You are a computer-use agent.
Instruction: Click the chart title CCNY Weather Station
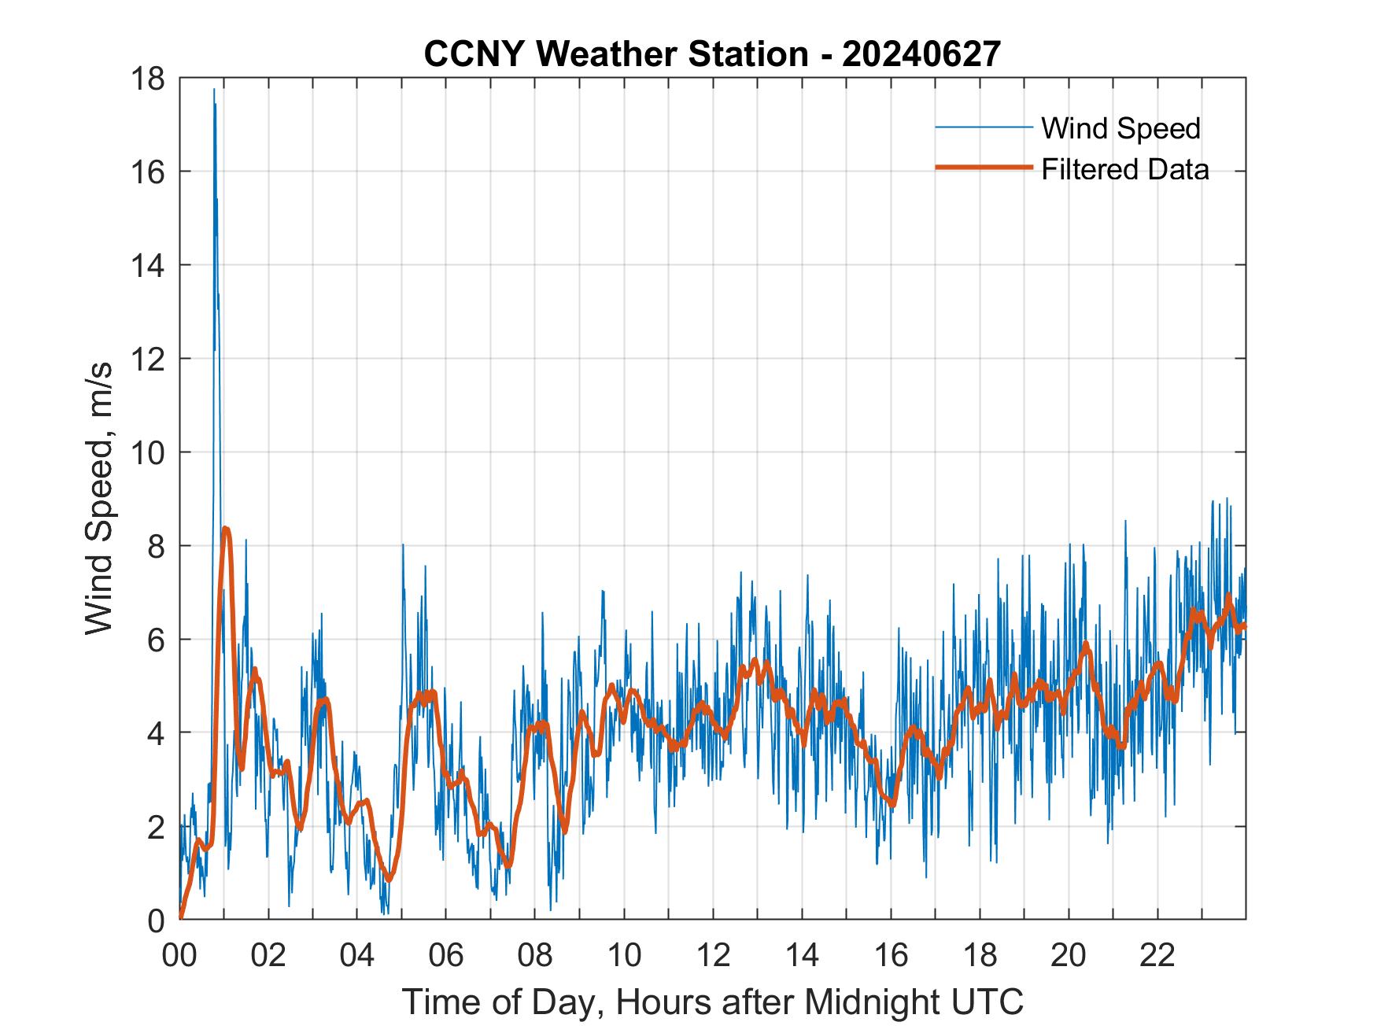[x=712, y=54]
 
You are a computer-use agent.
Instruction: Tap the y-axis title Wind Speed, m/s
[x=99, y=498]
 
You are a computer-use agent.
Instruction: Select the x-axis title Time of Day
[x=712, y=1002]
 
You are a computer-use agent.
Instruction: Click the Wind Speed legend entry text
[x=1120, y=128]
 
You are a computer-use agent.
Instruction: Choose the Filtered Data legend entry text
[x=1124, y=169]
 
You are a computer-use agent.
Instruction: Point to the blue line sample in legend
[x=983, y=127]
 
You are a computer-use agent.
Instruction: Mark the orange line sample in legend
[x=983, y=168]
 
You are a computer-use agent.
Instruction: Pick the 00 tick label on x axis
[x=180, y=956]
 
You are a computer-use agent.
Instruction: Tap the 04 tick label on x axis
[x=358, y=956]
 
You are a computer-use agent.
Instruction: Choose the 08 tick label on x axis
[x=536, y=956]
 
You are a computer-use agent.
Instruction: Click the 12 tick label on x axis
[x=714, y=956]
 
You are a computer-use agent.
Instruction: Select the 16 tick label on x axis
[x=892, y=956]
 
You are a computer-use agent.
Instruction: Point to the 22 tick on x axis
[x=1157, y=956]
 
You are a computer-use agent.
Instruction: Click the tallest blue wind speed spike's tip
[x=214, y=90]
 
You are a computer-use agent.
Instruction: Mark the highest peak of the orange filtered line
[x=226, y=529]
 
